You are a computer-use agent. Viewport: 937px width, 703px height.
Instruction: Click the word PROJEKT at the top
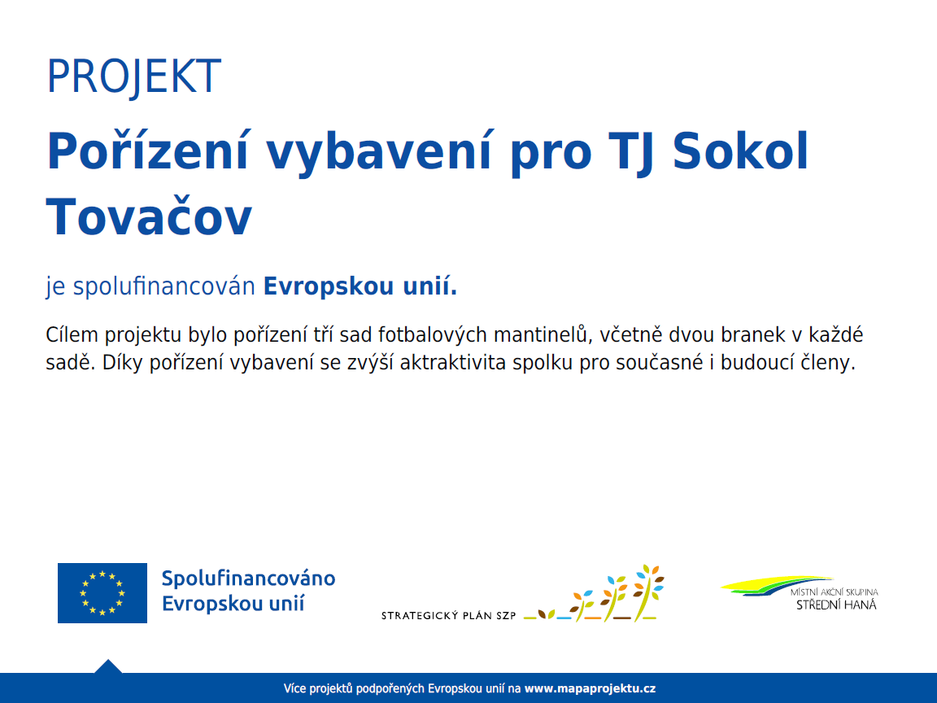[134, 76]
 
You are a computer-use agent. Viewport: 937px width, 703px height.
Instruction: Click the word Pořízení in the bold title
[147, 151]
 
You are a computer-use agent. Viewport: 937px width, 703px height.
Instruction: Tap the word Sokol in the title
[740, 151]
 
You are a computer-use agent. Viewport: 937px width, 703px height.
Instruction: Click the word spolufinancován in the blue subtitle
[164, 286]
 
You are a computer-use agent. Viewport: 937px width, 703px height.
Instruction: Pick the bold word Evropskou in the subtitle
[329, 286]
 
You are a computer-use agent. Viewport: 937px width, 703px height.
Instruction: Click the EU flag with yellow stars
[102, 593]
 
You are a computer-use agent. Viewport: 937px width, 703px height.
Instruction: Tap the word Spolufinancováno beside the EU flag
[249, 578]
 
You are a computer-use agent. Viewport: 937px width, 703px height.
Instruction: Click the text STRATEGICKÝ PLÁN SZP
[449, 615]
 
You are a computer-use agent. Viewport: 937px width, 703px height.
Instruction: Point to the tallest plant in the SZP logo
[647, 592]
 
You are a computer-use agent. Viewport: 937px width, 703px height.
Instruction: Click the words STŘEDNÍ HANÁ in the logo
[836, 605]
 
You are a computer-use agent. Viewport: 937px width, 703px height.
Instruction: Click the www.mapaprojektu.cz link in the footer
[590, 688]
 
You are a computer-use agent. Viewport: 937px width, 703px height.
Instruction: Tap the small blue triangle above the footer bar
[108, 666]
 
